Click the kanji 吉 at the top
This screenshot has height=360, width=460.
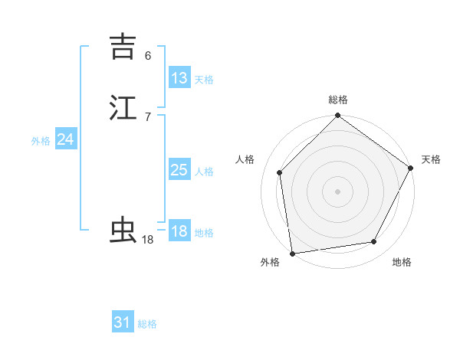tap(123, 47)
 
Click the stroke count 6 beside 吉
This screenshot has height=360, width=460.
tap(148, 56)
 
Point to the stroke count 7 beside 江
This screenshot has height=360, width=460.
tap(148, 116)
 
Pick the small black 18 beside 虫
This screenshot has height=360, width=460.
tap(148, 240)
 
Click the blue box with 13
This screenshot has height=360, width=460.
tap(179, 78)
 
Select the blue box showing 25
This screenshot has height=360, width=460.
tap(179, 170)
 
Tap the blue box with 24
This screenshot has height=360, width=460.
tap(65, 139)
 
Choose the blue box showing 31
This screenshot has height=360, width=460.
tap(123, 322)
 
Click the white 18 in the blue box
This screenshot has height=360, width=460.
tap(179, 231)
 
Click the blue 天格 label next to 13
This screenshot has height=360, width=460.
tap(204, 80)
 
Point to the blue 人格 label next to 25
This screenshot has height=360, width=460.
tap(204, 172)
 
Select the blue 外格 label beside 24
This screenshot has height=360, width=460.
tap(41, 141)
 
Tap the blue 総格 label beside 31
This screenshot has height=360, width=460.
tap(147, 324)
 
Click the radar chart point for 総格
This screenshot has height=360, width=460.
tap(337, 116)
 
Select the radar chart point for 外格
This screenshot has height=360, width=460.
tap(292, 253)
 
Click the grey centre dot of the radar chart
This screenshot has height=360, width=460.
tap(337, 191)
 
